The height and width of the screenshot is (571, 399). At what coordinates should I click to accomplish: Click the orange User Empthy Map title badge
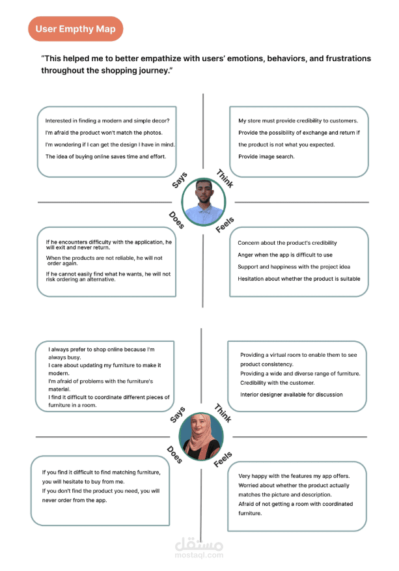(76, 29)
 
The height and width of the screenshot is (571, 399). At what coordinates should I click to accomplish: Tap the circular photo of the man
(204, 202)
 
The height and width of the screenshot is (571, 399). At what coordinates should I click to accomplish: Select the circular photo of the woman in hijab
(201, 436)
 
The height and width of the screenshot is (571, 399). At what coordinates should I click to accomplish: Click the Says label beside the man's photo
(180, 180)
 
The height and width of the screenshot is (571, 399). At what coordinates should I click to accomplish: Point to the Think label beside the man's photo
(225, 178)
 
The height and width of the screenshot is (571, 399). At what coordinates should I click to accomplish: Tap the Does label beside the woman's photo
(174, 454)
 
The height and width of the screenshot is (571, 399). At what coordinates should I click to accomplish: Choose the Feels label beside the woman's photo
(223, 460)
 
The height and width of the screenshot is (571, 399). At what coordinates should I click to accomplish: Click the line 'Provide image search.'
(266, 157)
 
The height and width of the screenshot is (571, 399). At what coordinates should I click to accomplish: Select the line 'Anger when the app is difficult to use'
(285, 255)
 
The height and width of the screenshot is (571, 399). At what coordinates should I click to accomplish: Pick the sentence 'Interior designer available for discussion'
(291, 395)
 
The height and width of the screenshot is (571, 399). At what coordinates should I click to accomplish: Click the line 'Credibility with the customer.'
(277, 383)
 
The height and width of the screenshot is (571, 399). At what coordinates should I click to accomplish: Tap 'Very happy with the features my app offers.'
(294, 476)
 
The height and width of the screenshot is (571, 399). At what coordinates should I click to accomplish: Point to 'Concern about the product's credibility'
(287, 243)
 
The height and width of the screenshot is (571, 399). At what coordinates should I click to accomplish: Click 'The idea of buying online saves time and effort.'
(105, 157)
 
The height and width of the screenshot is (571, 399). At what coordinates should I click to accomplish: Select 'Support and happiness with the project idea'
(294, 267)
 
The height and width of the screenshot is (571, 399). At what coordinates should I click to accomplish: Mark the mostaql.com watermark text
(199, 555)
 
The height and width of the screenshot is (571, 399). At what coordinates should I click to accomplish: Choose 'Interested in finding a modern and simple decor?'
(107, 121)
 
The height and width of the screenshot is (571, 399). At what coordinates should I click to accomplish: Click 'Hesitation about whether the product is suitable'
(299, 279)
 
